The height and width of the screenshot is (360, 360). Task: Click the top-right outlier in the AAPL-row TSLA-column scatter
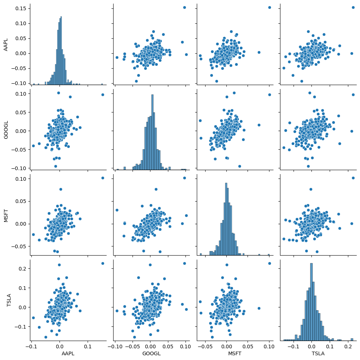(x=353, y=7)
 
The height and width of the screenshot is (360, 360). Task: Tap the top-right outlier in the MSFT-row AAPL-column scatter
(x=102, y=178)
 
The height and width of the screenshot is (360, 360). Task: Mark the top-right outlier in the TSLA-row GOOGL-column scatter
(x=184, y=263)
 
